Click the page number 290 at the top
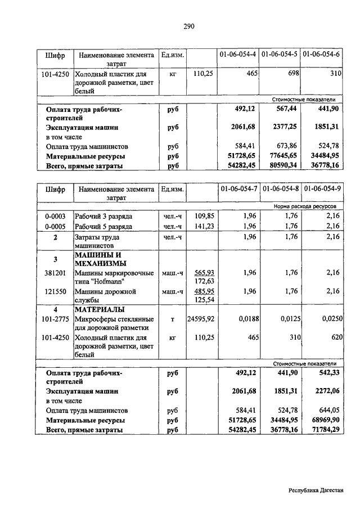pyautogui.click(x=188, y=26)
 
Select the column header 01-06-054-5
pyautogui.click(x=279, y=55)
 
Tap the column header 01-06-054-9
pyautogui.click(x=321, y=190)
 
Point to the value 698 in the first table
pyautogui.click(x=290, y=73)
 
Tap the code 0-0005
pyautogui.click(x=55, y=227)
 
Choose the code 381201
pyautogui.click(x=55, y=273)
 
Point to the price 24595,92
pyautogui.click(x=201, y=319)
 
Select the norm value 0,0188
pyautogui.click(x=246, y=319)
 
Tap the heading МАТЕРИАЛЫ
pyautogui.click(x=100, y=309)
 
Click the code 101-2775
pyautogui.click(x=55, y=319)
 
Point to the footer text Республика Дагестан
pyautogui.click(x=316, y=490)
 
